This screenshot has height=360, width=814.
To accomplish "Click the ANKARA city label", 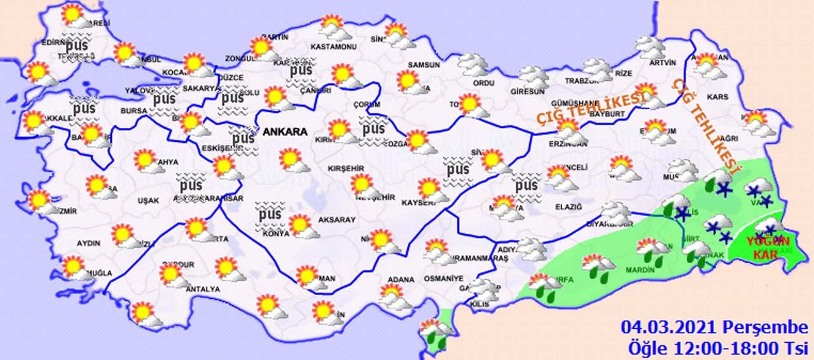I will click(x=286, y=132).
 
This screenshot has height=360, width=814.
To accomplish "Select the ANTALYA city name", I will click(x=202, y=289).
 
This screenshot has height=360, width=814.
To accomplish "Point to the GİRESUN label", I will click(x=527, y=91).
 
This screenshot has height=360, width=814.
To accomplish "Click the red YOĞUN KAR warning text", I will click(x=767, y=248).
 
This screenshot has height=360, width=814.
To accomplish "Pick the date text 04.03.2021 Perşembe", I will click(x=714, y=328).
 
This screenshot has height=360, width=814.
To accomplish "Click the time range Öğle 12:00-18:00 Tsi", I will click(x=717, y=348).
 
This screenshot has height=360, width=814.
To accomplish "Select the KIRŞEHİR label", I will click(x=345, y=168).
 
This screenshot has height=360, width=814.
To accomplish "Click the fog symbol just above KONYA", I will click(x=270, y=214).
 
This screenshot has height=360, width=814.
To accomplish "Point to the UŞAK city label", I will click(x=148, y=200).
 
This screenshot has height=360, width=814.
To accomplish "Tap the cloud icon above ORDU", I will click(x=473, y=64).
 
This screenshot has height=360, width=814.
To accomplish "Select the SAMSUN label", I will click(x=424, y=65).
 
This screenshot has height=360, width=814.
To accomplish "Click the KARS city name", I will click(x=717, y=97).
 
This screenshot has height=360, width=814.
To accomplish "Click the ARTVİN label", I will click(x=663, y=62).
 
